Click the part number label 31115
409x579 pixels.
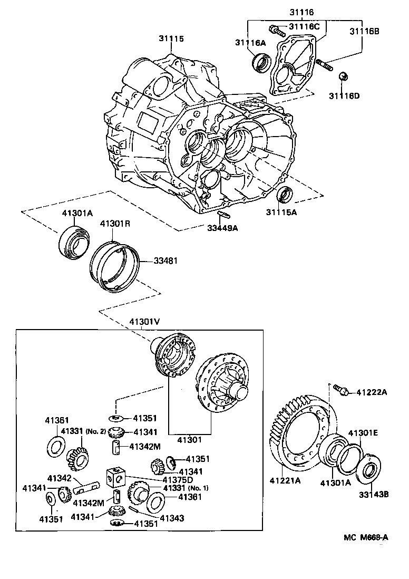tap(171, 38)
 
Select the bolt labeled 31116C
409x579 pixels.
tap(275, 29)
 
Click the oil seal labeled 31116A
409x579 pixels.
tap(260, 62)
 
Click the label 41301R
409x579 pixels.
tap(115, 223)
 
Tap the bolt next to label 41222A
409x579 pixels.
tap(341, 391)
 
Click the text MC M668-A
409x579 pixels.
tap(366, 537)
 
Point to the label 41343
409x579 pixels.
tap(172, 518)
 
